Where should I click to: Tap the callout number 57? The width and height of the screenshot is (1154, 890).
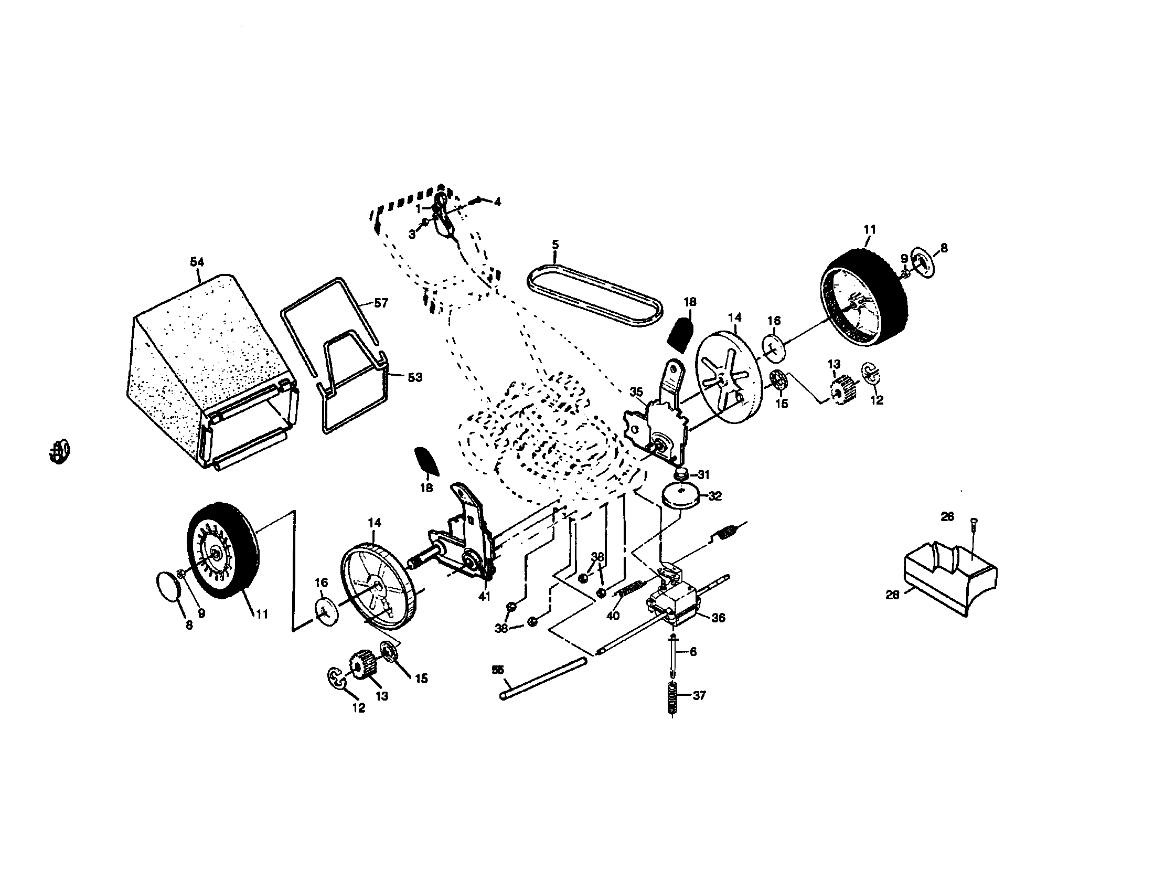[x=380, y=303]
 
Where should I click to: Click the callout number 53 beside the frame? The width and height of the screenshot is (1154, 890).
[x=415, y=377]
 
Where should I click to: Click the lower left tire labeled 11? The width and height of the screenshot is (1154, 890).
[x=222, y=549]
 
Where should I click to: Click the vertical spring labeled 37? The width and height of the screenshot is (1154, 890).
[x=672, y=697]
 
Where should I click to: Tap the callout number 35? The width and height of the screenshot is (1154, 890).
[x=636, y=392]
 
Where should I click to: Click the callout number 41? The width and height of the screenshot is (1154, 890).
[x=484, y=596]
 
